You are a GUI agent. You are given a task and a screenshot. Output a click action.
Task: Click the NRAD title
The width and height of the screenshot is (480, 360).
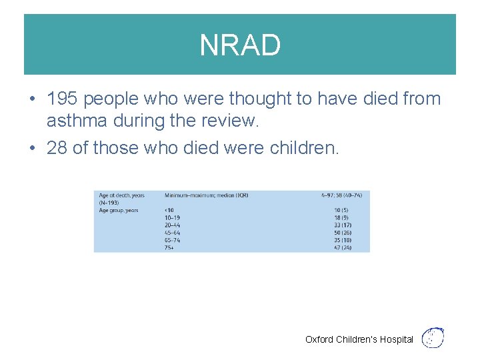(240, 45)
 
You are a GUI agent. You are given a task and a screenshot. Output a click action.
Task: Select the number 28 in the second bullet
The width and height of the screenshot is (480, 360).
(57, 147)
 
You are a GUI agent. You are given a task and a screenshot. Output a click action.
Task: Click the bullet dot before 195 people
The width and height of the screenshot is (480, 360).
(32, 99)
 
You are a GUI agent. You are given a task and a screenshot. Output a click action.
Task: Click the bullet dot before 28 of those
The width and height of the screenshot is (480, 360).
(32, 148)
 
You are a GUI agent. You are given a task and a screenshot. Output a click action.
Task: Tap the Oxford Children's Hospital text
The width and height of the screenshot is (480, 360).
(359, 339)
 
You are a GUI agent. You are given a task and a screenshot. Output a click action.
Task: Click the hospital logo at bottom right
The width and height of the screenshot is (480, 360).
(434, 337)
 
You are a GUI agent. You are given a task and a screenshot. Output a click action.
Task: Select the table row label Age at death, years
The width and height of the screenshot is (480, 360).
(121, 195)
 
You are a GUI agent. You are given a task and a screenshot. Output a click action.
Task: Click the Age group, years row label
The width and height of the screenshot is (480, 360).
(119, 210)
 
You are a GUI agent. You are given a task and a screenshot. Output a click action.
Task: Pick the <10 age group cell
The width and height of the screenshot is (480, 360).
(169, 210)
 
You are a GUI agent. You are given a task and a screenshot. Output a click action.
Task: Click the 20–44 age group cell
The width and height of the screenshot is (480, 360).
(172, 225)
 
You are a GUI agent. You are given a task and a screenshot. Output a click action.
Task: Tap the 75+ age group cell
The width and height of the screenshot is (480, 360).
(170, 247)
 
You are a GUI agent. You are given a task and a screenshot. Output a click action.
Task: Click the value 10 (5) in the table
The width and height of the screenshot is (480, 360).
(343, 210)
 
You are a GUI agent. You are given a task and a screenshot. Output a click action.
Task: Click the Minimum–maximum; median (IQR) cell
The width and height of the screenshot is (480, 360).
(206, 195)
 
